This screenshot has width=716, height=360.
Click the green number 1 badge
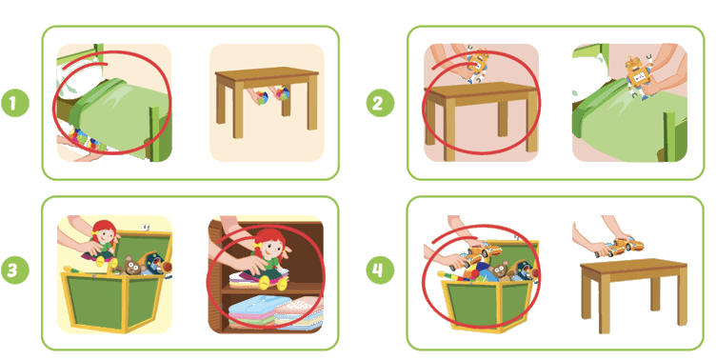pos(14,103)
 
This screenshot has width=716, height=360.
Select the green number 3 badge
pos(14,270)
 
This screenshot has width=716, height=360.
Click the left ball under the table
pos(261,98)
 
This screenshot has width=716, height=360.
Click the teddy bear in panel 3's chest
pos(132,266)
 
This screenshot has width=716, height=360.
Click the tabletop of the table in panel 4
pos(634,265)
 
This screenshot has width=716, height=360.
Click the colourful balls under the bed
pos(86,139)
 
